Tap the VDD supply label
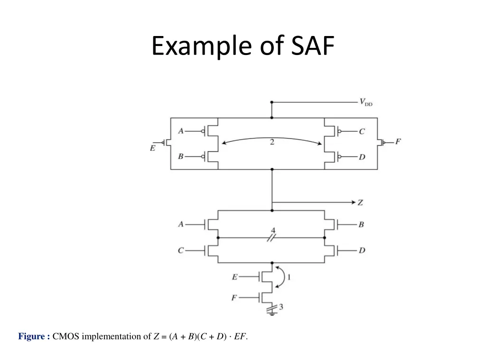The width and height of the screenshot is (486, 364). click(366, 102)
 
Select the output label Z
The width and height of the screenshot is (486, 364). click(360, 202)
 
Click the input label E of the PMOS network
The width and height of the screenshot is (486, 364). click(153, 148)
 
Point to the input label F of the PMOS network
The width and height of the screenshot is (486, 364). click(398, 141)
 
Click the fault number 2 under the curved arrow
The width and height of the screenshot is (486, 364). click(272, 142)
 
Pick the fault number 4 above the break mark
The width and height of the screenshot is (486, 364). click(273, 231)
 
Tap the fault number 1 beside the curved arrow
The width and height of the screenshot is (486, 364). click(288, 277)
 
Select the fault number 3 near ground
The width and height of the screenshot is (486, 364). click(281, 307)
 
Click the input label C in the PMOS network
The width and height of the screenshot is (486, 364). click(362, 131)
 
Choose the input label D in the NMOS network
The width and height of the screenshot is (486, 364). click(362, 250)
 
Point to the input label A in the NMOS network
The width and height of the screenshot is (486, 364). click(181, 224)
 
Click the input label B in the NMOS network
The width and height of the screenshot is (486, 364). click(361, 224)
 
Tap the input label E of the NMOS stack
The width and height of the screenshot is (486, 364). click(234, 277)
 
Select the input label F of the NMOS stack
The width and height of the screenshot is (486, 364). click(234, 298)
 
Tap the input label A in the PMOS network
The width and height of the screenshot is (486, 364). click(181, 131)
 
